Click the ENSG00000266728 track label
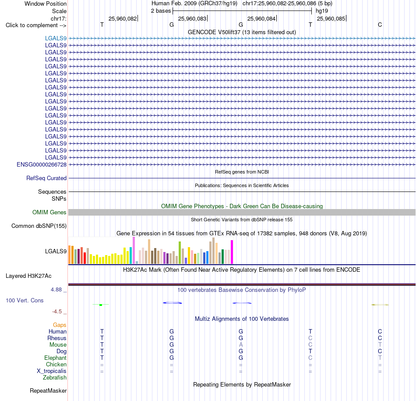tap(42, 165)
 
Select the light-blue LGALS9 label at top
tap(56, 38)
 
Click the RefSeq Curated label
tap(46, 178)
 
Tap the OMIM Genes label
tap(49, 213)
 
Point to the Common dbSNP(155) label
tap(39, 226)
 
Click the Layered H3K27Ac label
tap(28, 276)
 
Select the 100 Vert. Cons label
tap(25, 300)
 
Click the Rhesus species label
tap(57, 338)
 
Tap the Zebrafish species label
tap(55, 377)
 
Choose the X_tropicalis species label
tap(52, 371)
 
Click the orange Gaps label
tap(60, 325)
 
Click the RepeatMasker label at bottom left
tap(48, 390)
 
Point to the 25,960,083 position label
tap(192, 18)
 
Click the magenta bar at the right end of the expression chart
tap(232, 252)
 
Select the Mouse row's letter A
tap(241, 345)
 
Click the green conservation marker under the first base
tap(101, 305)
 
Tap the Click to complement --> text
tap(36, 25)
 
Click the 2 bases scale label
tap(161, 11)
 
